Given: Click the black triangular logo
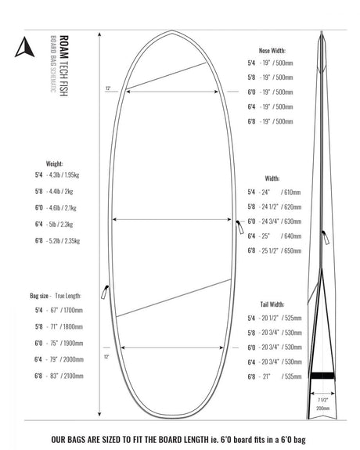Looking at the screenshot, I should [22, 48].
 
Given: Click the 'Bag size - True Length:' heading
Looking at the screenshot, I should [54, 297].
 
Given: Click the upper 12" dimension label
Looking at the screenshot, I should [107, 88].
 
